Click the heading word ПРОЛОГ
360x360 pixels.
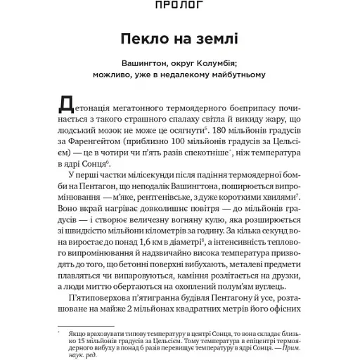pos(179,6)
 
